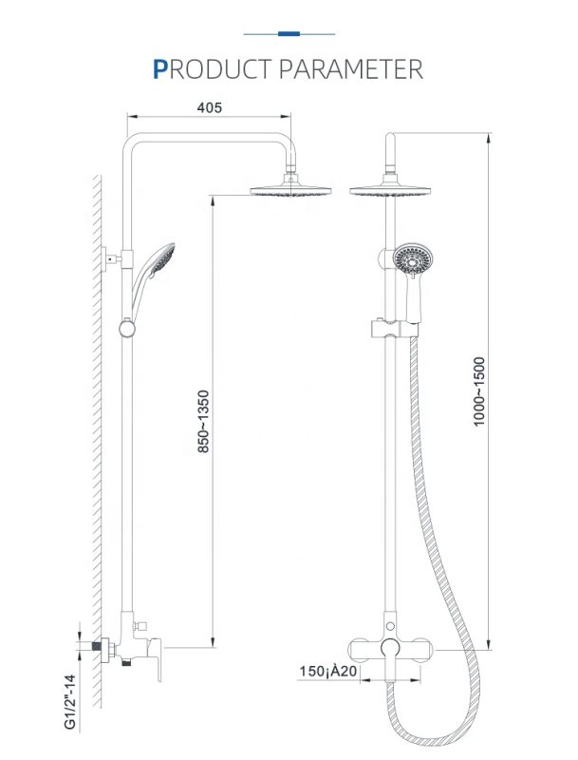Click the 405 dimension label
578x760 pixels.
[209, 107]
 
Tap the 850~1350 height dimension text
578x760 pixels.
[204, 421]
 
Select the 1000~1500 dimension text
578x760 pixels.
[478, 391]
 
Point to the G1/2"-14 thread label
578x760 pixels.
[70, 701]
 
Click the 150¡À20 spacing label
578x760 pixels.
[328, 671]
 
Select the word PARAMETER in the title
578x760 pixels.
[351, 68]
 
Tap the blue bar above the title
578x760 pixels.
[289, 34]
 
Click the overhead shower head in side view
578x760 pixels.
[291, 189]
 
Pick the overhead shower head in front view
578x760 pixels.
[390, 190]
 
